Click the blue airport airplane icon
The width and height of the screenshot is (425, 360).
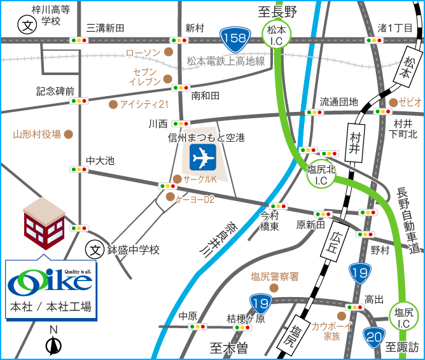tap(203, 156)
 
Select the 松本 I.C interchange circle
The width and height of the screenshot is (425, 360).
tap(277, 34)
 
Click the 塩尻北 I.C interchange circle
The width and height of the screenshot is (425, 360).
tap(321, 174)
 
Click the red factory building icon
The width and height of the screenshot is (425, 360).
tap(43, 220)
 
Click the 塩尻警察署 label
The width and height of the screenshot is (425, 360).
tap(274, 276)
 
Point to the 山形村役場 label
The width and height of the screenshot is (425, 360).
tap(37, 134)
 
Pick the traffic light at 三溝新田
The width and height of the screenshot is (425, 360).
tap(80, 40)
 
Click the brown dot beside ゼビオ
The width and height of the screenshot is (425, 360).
tap(393, 102)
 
